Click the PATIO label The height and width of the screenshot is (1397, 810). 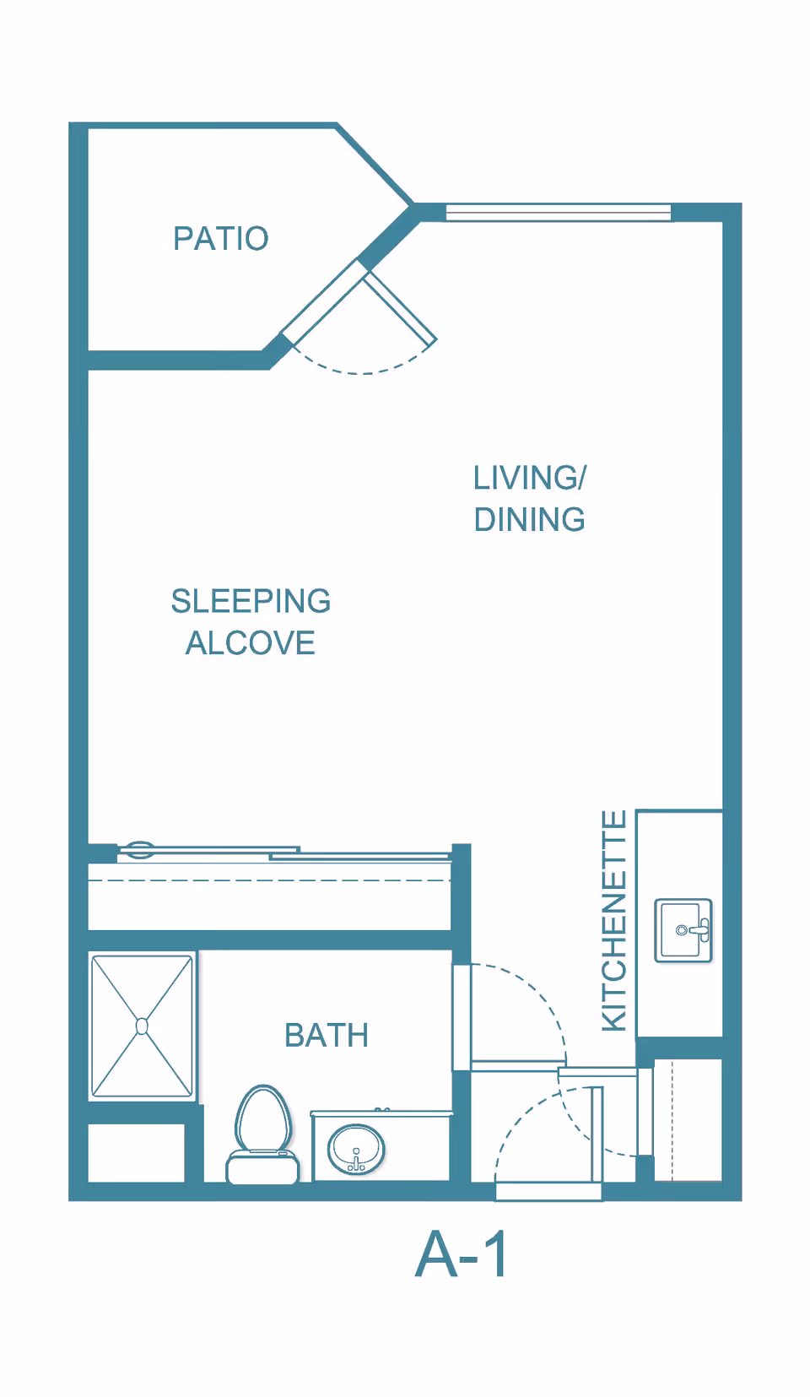(x=220, y=239)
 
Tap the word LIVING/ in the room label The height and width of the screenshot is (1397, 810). (x=529, y=478)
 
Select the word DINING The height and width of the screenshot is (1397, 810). (x=529, y=520)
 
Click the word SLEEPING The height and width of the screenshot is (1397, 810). (x=251, y=601)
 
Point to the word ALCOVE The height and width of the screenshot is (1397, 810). (x=251, y=643)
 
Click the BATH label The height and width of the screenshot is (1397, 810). (x=327, y=1036)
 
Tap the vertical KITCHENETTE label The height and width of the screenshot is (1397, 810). (x=614, y=920)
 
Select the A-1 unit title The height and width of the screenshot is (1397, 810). (x=462, y=1254)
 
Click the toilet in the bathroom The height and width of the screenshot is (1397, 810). (x=263, y=1135)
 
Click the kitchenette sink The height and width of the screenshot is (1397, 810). (x=683, y=930)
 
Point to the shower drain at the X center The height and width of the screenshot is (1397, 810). (x=142, y=1026)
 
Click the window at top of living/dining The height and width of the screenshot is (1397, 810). (x=558, y=212)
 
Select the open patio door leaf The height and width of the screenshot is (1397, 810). (x=400, y=306)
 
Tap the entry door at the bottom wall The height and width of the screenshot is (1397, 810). (x=548, y=1191)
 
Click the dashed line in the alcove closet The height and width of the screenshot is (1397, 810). (x=270, y=880)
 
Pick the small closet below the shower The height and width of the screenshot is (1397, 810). (x=137, y=1152)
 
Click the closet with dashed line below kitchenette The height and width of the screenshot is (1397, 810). (x=688, y=1118)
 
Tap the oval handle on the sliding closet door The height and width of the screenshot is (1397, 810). (x=139, y=849)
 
